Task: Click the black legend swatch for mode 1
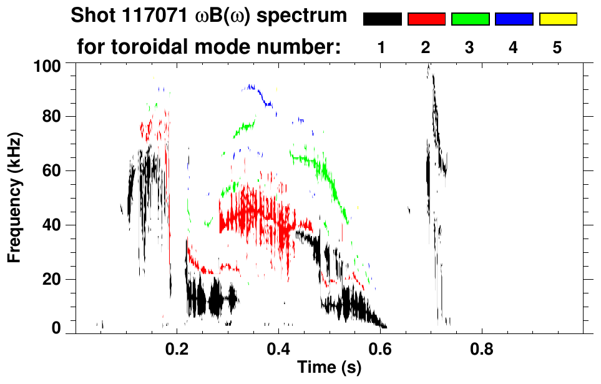point(382,19)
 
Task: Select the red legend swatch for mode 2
point(426,19)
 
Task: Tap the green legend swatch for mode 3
point(470,19)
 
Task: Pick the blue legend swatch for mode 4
point(514,19)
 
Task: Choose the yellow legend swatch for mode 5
point(557,19)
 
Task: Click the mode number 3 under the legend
point(470,48)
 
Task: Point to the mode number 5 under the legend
point(557,48)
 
